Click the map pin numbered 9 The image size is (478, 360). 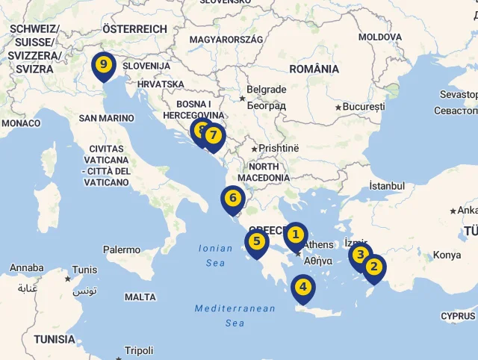103,65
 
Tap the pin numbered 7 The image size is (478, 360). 214,136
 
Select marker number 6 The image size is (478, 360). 232,199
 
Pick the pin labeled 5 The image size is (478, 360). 256,242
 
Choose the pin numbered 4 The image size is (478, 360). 302,286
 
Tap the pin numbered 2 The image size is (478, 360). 373,267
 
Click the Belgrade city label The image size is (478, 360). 267,90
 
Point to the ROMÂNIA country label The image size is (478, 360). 314,69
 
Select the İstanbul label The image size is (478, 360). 387,186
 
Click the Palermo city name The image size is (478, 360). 122,249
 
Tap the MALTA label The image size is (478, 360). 140,297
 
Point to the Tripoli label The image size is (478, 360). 139,350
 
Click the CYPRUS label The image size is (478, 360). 458,316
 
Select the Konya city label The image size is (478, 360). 447,255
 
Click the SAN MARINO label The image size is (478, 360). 106,118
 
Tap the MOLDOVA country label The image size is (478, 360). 379,37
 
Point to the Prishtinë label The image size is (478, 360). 280,149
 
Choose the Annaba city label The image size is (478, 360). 26,267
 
